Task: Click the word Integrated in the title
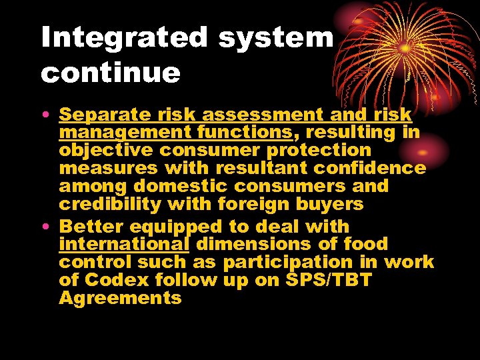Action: pos(124,39)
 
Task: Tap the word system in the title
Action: pos(275,39)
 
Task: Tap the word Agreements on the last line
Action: pos(120,298)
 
